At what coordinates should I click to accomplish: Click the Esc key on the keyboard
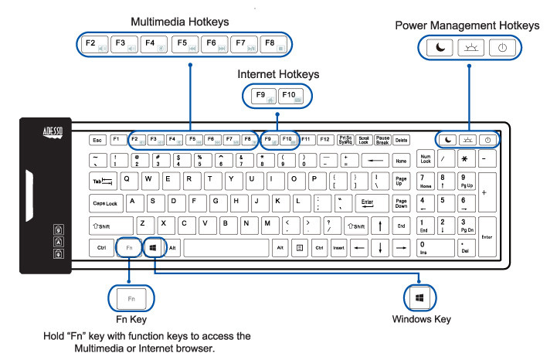[97, 140]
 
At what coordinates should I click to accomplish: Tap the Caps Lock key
[105, 203]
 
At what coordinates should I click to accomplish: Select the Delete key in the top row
[401, 140]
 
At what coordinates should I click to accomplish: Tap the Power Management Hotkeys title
[467, 25]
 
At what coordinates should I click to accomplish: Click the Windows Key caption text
[421, 319]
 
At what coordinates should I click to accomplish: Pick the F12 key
[324, 140]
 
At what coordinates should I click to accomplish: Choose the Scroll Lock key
[364, 140]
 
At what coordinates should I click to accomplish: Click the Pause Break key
[382, 140]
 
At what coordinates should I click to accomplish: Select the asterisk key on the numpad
[467, 159]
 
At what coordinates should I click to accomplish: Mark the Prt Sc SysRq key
[345, 140]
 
